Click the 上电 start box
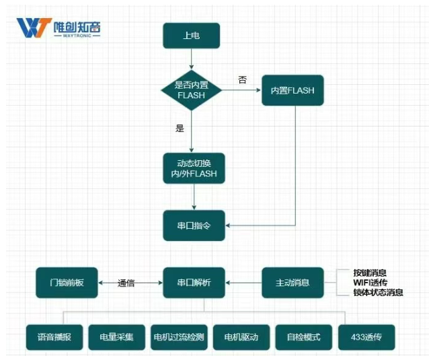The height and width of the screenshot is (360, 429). pos(191,36)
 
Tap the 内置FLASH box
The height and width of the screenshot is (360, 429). pos(292,89)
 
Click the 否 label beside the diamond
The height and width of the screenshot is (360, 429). pos(242,79)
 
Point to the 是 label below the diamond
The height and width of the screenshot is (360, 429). pos(179,128)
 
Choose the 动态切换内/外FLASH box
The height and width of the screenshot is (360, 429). pos(194,168)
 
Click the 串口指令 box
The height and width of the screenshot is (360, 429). pos(194,225)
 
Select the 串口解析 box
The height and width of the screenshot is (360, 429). pos(194,283)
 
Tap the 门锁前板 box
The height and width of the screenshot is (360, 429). pos(66,283)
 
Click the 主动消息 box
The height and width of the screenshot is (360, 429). pos(292,283)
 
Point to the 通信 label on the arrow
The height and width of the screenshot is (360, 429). pos(126,283)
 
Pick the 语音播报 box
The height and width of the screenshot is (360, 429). pos(55,336)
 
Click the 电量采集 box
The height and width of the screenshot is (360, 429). pos(116,336)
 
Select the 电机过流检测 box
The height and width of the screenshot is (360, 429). pos(178,336)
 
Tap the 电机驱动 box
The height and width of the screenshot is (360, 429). pos(241,336)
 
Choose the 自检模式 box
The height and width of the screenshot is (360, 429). pos(303,336)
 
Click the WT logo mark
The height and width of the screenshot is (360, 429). pos(32,28)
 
